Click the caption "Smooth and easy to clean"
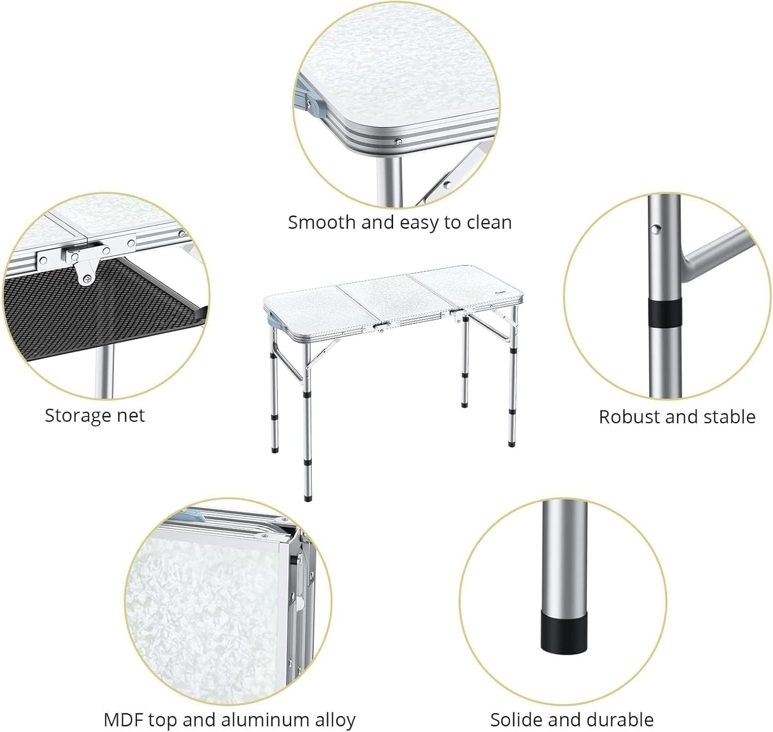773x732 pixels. pos(400,222)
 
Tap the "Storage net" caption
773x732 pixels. pos(95,416)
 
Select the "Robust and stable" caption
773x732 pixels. pos(677,417)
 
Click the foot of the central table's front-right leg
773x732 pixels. pos(511,443)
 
